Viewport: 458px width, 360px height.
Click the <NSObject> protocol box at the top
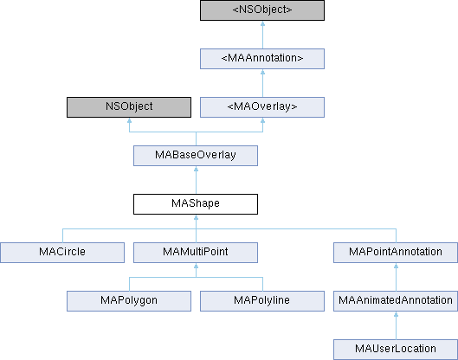pos(261,10)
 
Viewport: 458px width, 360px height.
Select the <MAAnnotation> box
pos(261,59)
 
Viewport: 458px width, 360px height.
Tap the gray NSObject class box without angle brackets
pos(129,107)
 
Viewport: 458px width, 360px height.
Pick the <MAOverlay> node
pos(261,107)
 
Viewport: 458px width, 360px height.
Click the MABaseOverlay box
pos(196,156)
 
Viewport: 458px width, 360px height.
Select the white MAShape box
pos(196,204)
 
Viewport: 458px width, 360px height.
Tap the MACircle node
pos(62,253)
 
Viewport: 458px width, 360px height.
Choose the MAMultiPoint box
pos(196,253)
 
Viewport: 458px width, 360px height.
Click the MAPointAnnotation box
pos(395,253)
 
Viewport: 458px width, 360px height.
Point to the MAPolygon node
pos(129,301)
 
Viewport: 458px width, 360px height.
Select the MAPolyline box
pos(261,301)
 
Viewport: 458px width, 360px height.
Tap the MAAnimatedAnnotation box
pos(395,301)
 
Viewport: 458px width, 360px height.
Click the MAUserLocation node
pos(395,350)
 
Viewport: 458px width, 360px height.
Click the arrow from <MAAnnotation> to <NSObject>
pos(261,35)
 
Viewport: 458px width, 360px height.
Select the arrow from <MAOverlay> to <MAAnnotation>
pos(261,83)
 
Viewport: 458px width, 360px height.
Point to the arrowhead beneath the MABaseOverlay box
pos(196,171)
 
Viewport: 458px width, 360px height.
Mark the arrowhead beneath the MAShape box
pos(196,220)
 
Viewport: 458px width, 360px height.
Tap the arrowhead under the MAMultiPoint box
pos(196,268)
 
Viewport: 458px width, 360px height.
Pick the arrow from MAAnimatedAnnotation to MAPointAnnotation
pos(395,277)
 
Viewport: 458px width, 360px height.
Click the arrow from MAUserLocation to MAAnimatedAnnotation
pos(395,325)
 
